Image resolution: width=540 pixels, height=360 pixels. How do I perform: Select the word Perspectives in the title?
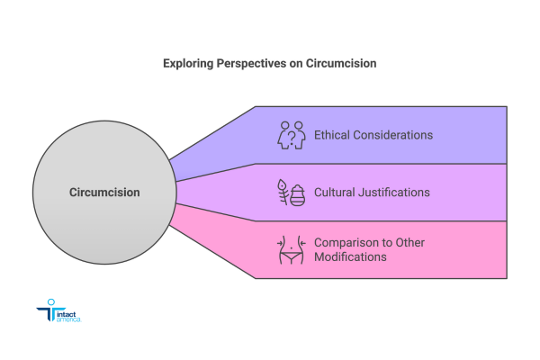point(249,65)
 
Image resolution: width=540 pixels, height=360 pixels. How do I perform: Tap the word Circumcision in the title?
point(342,65)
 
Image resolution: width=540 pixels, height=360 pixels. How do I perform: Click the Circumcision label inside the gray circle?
point(104,192)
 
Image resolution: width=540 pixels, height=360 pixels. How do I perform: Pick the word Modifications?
point(350,257)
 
